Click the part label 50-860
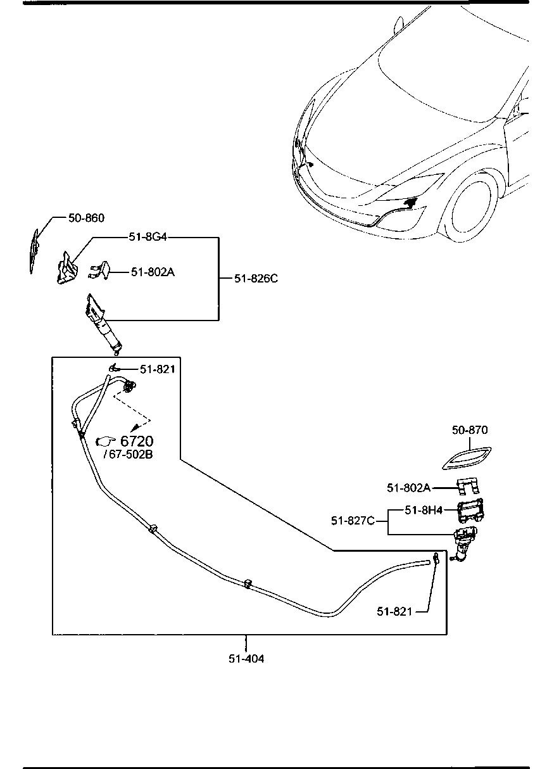(x=86, y=218)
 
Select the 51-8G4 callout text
(x=148, y=237)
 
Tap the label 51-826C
(x=256, y=279)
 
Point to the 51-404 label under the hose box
(x=246, y=658)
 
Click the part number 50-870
(x=470, y=430)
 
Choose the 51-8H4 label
(x=424, y=510)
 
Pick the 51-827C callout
(x=353, y=521)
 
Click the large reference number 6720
(x=137, y=441)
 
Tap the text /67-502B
(x=128, y=454)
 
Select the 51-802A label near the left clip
(x=153, y=272)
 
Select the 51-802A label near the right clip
(x=408, y=488)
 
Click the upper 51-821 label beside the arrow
(x=158, y=369)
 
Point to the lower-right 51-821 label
(x=394, y=611)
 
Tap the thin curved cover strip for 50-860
(x=34, y=251)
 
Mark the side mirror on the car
(x=399, y=25)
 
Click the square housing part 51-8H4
(x=470, y=511)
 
